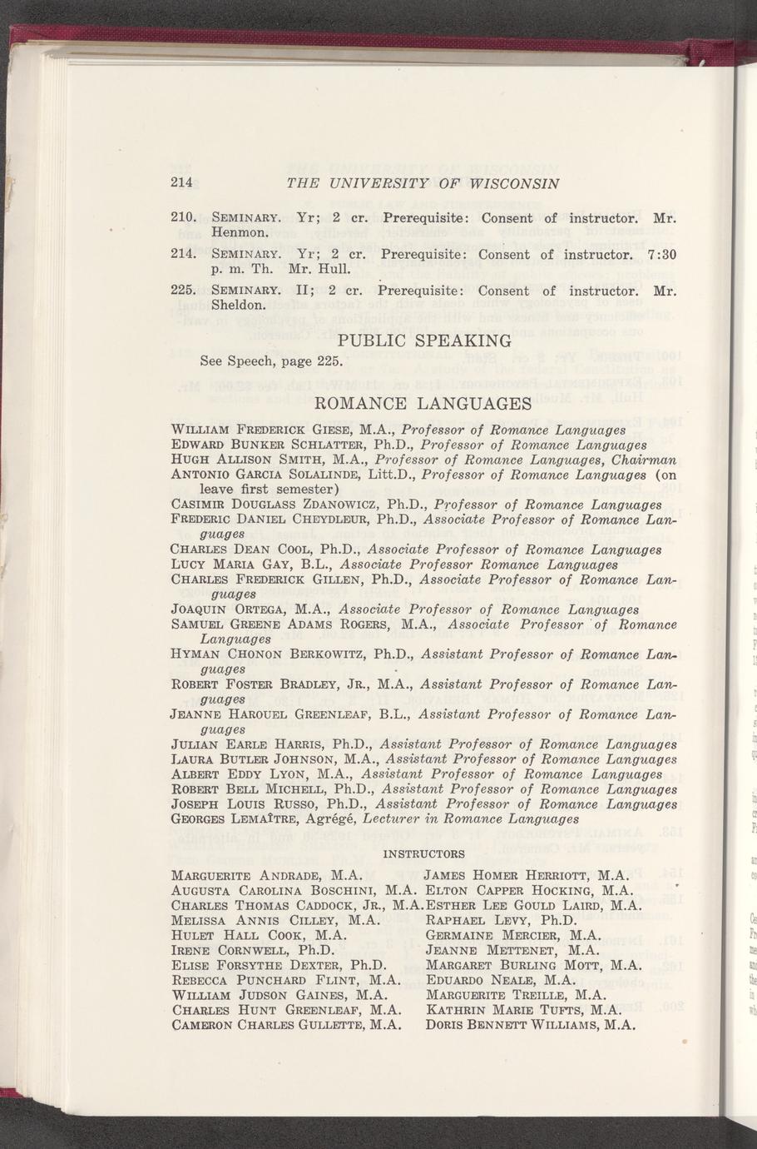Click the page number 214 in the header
181,182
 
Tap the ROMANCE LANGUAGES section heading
425,405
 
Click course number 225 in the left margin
182,291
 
